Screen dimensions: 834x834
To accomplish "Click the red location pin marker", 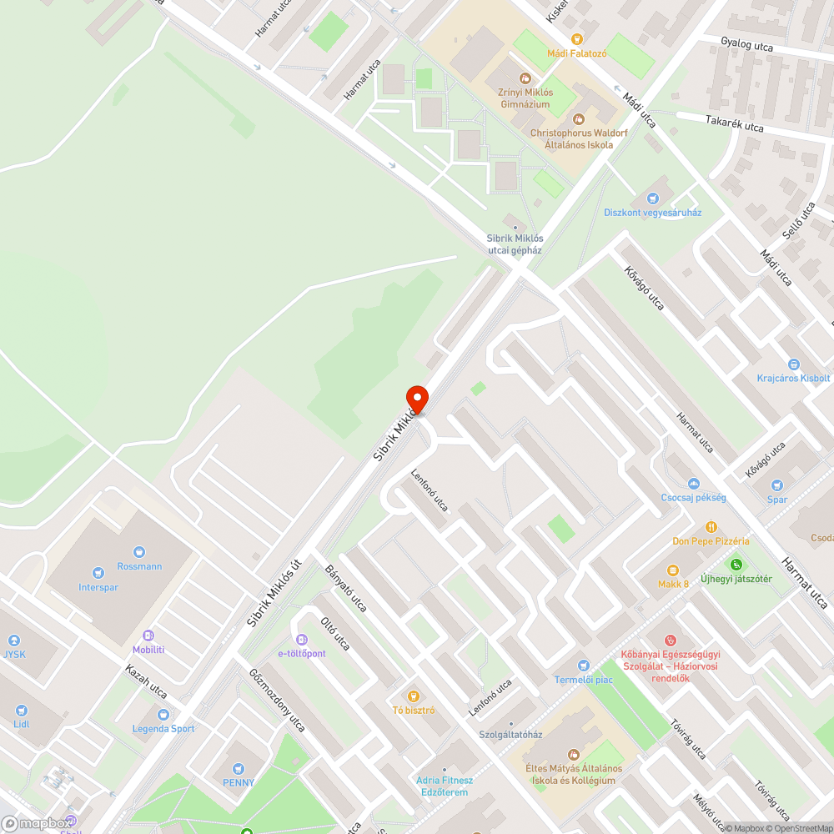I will tap(416, 399).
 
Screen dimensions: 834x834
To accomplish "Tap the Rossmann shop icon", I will tap(138, 551).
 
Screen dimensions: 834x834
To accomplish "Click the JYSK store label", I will tap(14, 654).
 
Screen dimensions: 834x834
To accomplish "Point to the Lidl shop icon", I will tap(21, 710).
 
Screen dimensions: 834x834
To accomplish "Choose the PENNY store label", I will tap(239, 782).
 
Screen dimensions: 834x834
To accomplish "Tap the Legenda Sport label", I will tap(163, 728).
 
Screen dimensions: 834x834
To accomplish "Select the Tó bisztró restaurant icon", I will tap(413, 696).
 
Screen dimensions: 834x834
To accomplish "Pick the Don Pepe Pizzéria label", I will tap(711, 540).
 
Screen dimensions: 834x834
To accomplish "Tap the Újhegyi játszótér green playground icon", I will tap(735, 565).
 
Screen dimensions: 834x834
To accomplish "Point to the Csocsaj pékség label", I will tap(693, 497).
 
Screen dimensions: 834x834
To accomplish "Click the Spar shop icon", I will tap(777, 485).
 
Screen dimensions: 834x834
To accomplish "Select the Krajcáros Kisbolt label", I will tap(793, 377).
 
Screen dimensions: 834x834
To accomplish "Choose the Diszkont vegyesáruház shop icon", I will tap(653, 198).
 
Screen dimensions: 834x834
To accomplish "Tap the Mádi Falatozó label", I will tap(576, 53).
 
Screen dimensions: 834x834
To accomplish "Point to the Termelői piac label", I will tap(584, 679).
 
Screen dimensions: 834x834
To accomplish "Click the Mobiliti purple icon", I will tap(148, 636).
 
